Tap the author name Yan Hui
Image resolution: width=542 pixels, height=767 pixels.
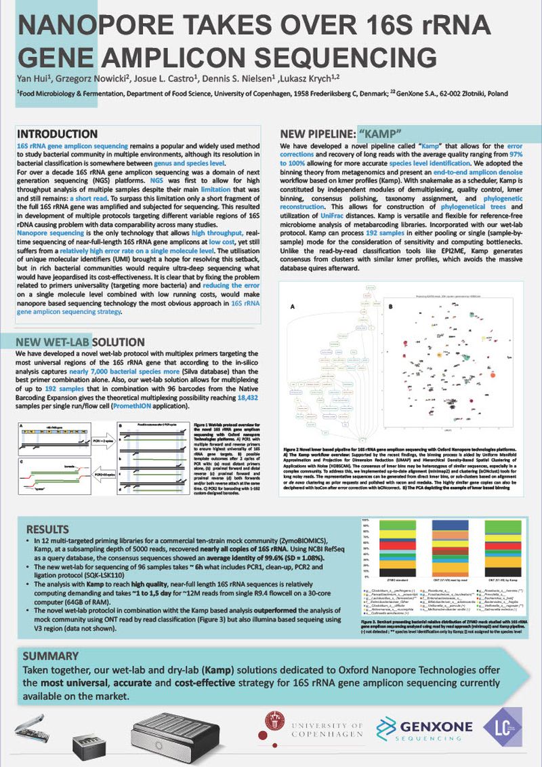pyautogui.click(x=37, y=82)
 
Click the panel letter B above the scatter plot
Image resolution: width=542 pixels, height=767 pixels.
pyautogui.click(x=391, y=307)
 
